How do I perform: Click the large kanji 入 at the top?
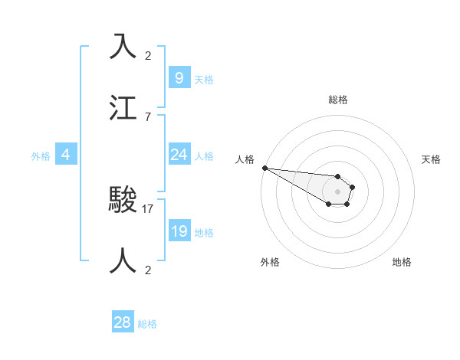click(123, 47)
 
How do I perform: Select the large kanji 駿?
click(123, 200)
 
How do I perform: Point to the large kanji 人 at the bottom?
click(123, 260)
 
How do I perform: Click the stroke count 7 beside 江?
click(148, 116)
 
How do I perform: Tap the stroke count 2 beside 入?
click(148, 56)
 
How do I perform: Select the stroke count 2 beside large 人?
click(148, 270)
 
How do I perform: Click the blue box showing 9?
click(179, 77)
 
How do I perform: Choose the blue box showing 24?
click(179, 155)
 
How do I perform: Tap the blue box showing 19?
click(179, 231)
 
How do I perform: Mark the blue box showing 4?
click(66, 155)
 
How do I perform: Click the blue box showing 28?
click(123, 322)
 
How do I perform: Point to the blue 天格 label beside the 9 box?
click(204, 80)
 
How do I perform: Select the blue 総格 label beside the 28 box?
click(147, 325)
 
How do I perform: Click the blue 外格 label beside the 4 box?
click(41, 156)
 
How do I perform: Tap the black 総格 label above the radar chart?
click(338, 100)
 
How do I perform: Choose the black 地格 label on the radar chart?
click(402, 262)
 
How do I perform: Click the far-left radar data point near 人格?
click(264, 168)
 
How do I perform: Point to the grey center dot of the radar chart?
click(337, 191)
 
